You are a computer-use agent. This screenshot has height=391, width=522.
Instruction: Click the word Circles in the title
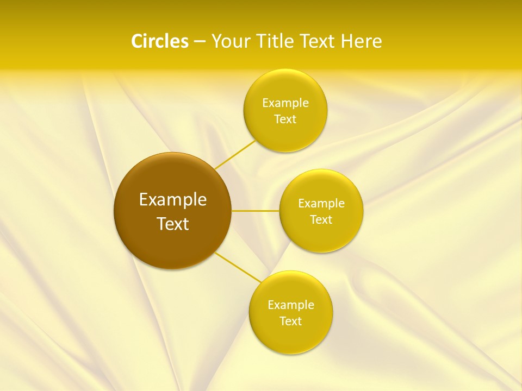point(160,41)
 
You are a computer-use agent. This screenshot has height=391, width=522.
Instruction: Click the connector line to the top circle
point(235,155)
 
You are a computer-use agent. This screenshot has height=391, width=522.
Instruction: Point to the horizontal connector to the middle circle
point(256,211)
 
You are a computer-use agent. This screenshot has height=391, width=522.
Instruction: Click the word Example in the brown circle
point(173,200)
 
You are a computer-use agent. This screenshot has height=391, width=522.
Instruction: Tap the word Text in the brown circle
point(173,224)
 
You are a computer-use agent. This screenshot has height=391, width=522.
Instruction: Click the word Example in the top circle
point(285,103)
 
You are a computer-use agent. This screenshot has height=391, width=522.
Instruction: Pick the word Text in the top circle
point(285,119)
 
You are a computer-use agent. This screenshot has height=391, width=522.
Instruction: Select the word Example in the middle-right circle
point(321,204)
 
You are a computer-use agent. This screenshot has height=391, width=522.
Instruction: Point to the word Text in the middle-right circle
point(321,220)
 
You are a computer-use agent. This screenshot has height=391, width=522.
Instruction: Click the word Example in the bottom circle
point(291,305)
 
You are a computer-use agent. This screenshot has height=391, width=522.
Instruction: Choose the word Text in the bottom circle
point(291,321)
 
